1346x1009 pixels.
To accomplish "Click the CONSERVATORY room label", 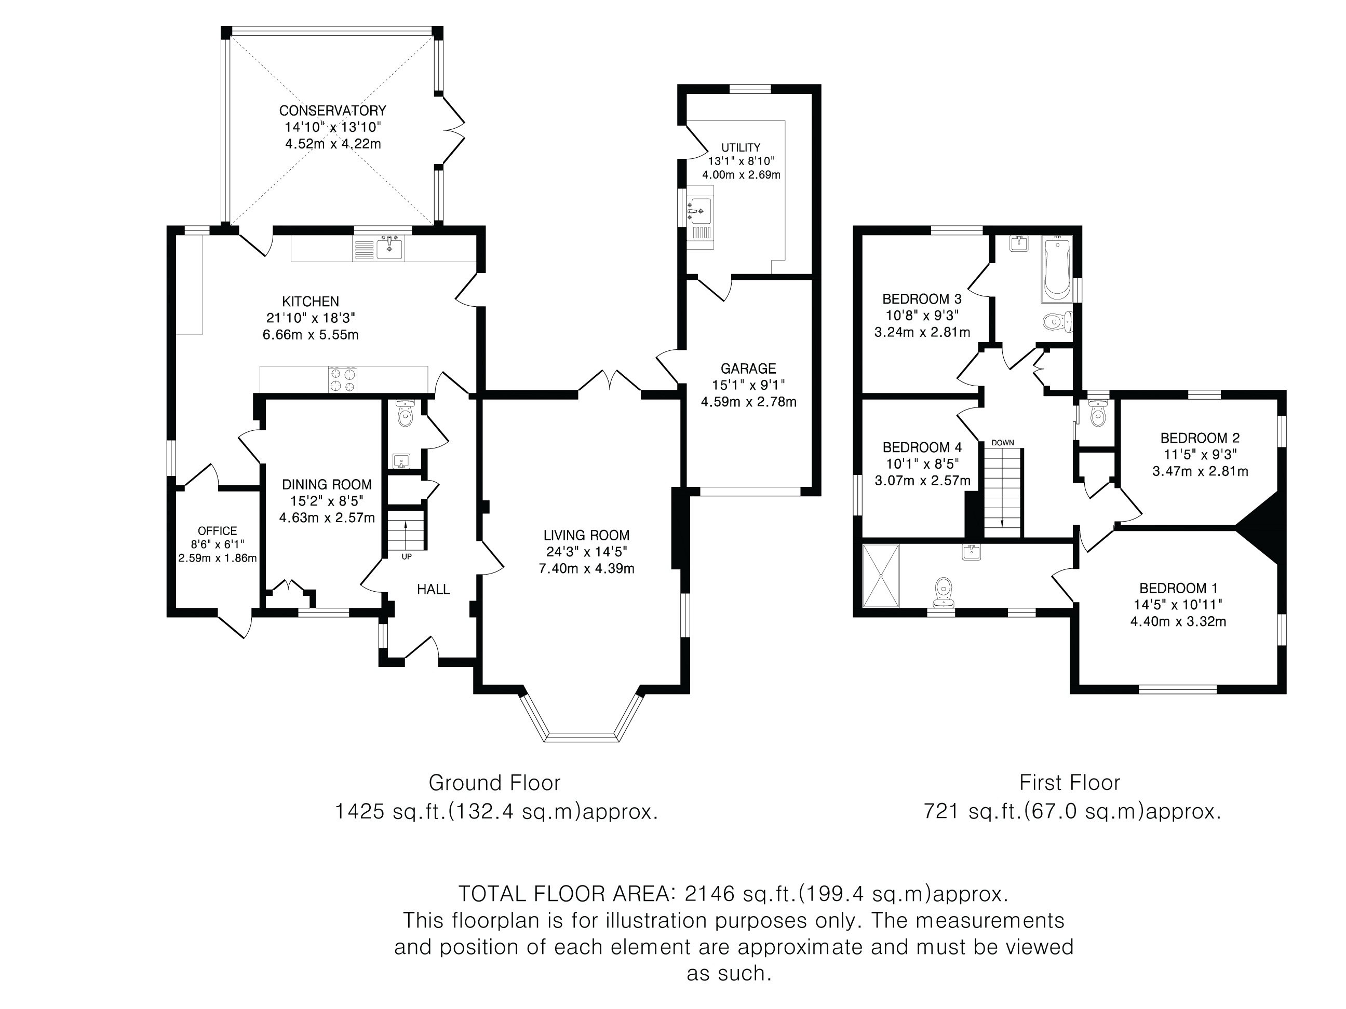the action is click(x=332, y=111).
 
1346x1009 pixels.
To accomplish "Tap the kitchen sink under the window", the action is click(x=389, y=248).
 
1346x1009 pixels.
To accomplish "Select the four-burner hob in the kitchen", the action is click(x=343, y=380).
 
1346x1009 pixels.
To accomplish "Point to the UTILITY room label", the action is click(x=741, y=148).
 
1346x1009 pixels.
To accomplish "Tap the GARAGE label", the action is click(x=748, y=369).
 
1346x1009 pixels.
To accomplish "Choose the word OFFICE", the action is click(x=217, y=531).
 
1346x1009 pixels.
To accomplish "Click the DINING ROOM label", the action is click(x=327, y=485).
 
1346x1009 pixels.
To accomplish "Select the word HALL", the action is click(x=433, y=589).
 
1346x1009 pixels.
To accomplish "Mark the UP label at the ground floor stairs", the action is click(x=407, y=556).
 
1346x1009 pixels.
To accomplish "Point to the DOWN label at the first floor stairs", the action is click(x=1003, y=443).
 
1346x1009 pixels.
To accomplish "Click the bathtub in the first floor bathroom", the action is click(x=1056, y=269).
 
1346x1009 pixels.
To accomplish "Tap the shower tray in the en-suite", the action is click(x=881, y=575).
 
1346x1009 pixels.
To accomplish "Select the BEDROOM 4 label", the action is click(x=922, y=447).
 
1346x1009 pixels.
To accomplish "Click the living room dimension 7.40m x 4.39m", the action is click(x=587, y=569).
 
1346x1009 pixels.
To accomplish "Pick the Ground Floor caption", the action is click(x=495, y=783).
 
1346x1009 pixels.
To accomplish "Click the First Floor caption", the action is click(x=1070, y=783).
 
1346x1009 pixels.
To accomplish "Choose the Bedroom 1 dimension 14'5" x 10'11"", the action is click(x=1178, y=605).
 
